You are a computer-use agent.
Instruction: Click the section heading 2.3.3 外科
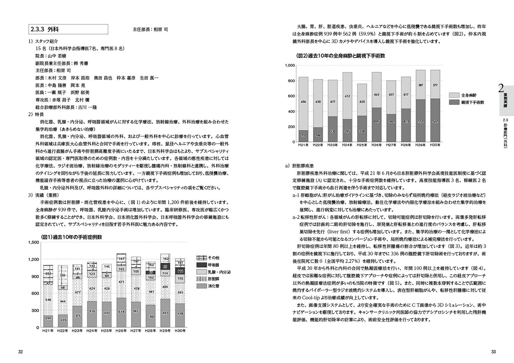tap(45, 30)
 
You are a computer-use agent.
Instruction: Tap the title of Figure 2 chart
tap(341, 56)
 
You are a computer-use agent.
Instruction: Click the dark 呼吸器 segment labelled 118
tap(180, 271)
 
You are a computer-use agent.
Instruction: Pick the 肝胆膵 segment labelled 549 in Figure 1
tap(48, 299)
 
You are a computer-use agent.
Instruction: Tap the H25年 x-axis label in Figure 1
tap(106, 331)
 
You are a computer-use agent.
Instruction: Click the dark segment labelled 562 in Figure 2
tap(435, 121)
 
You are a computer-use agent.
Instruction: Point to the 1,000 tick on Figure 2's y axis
tap(289, 65)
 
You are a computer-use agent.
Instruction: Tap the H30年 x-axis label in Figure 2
tap(435, 145)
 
